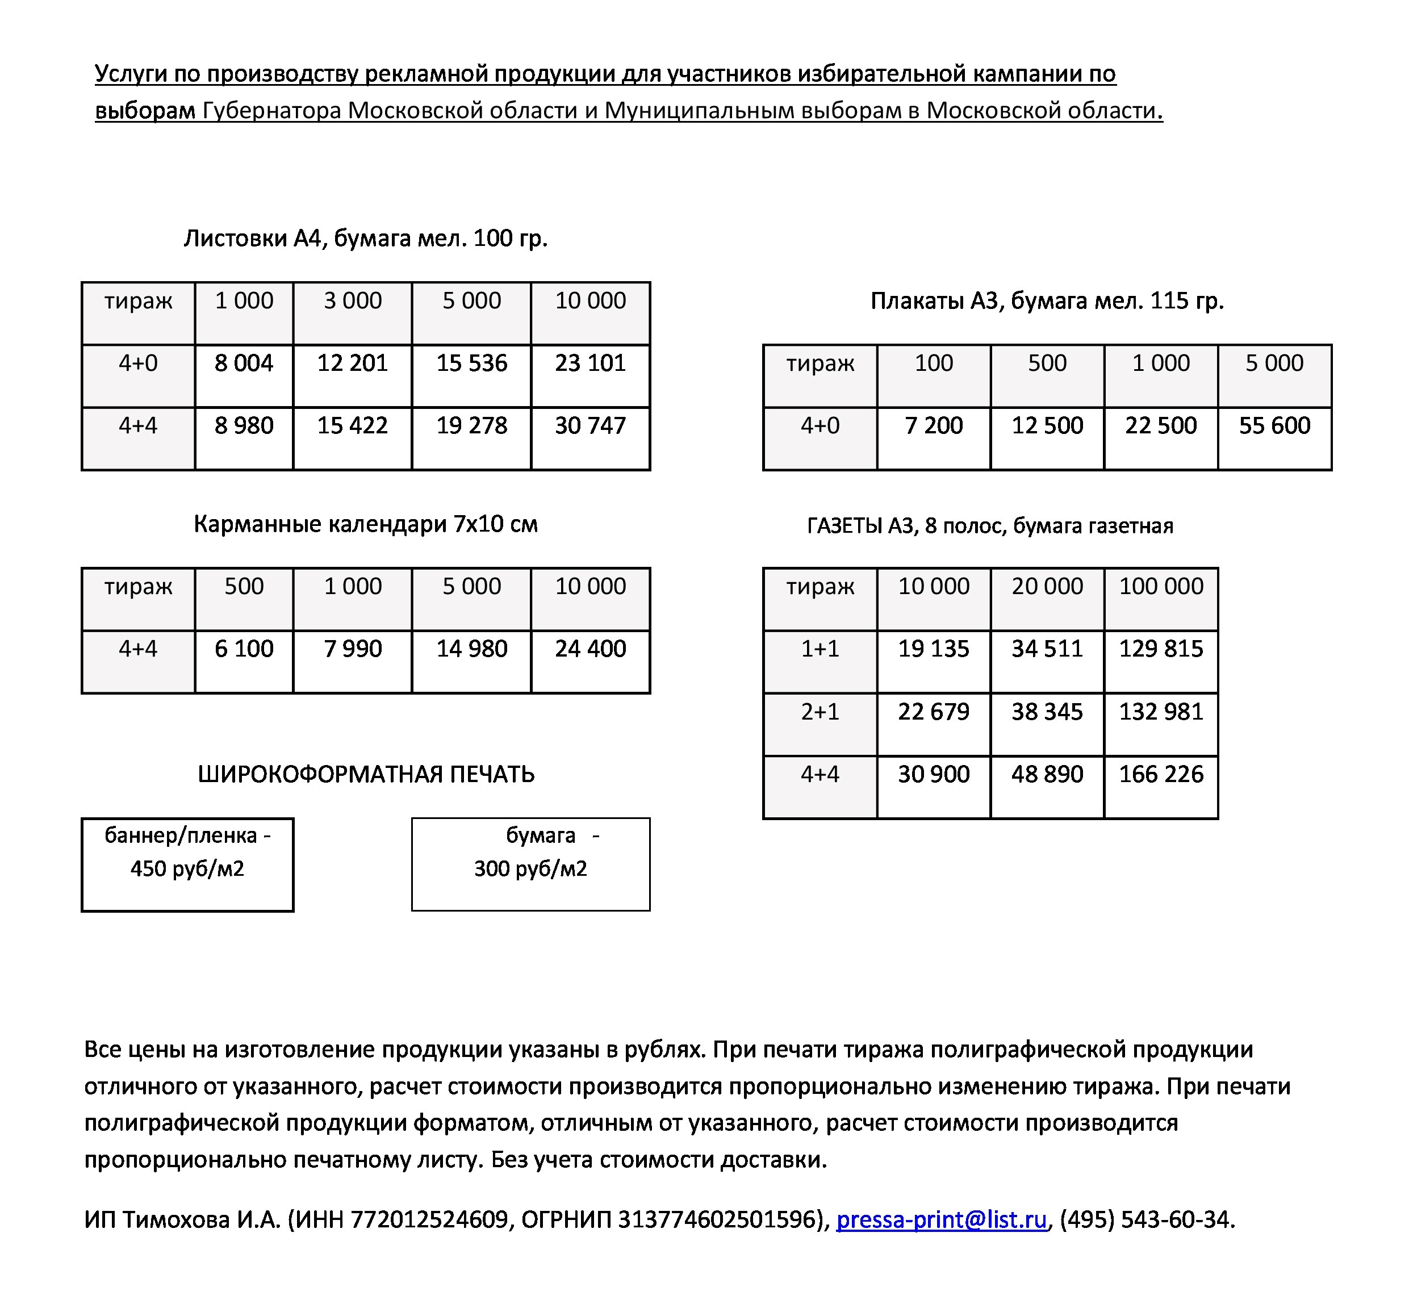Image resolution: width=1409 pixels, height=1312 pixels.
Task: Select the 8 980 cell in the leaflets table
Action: (244, 426)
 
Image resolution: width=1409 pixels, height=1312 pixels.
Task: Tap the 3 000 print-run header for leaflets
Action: (352, 301)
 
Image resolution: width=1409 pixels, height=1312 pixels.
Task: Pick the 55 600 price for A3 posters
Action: (1274, 426)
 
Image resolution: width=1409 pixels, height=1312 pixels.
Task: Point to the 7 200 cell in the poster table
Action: (934, 426)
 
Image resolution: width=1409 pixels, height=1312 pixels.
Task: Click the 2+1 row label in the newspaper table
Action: (820, 712)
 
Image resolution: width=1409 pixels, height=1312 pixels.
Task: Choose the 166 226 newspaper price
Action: (1160, 774)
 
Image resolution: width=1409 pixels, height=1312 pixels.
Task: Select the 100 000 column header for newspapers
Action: (1160, 587)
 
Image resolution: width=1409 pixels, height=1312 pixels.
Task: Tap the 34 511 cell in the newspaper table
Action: (1047, 649)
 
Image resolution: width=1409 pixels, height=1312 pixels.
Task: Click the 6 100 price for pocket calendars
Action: (244, 649)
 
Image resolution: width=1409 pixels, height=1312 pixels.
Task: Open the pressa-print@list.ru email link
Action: (940, 1219)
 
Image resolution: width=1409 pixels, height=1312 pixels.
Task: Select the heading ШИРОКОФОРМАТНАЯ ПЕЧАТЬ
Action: (366, 774)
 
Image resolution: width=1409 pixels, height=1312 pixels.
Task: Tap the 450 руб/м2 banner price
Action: (187, 869)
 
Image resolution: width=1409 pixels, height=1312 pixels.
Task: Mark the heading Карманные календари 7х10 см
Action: (366, 525)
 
